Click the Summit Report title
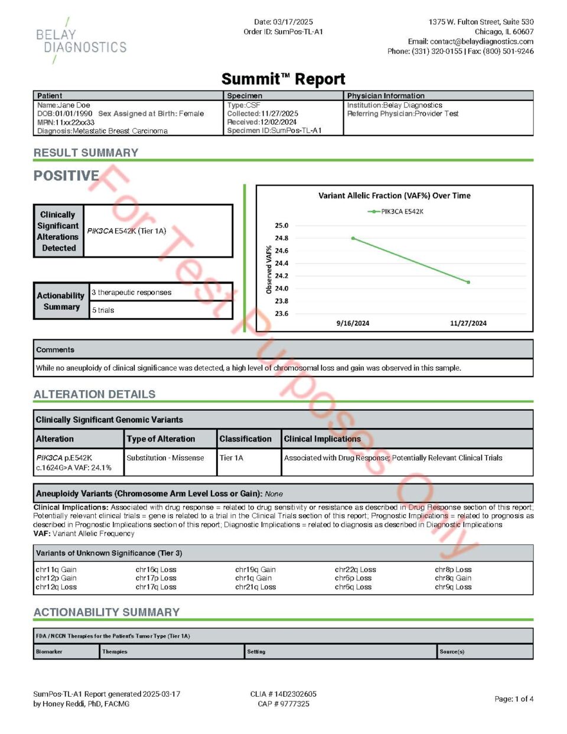click(x=283, y=79)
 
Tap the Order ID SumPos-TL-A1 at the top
click(x=283, y=32)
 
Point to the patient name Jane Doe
click(x=74, y=105)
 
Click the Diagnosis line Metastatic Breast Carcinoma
click(x=102, y=131)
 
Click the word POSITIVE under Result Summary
click(x=66, y=176)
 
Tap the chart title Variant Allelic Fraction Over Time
click(x=394, y=196)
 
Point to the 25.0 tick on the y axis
click(x=281, y=226)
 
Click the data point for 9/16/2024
click(x=353, y=238)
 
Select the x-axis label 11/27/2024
click(x=468, y=323)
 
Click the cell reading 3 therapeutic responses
click(x=132, y=293)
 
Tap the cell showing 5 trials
click(x=103, y=310)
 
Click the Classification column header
click(x=245, y=439)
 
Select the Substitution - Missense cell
click(x=165, y=458)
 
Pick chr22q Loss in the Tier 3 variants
click(x=355, y=570)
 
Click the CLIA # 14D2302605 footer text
click(x=283, y=694)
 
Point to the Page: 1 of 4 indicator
click(x=513, y=699)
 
